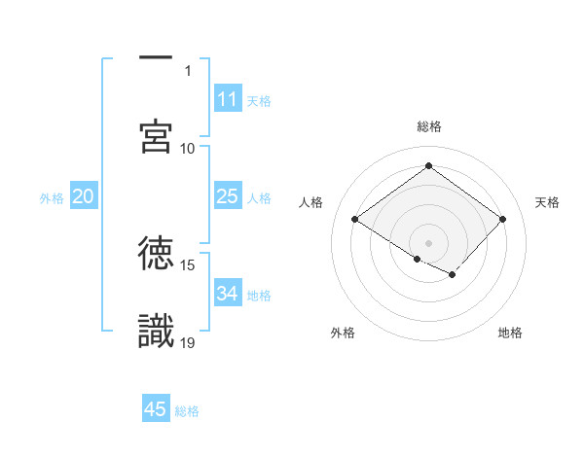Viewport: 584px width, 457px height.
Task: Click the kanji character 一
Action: coord(156,58)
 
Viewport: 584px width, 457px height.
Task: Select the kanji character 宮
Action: coord(156,136)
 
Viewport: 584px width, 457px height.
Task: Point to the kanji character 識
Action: coord(156,331)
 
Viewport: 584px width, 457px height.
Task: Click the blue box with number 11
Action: coord(228,99)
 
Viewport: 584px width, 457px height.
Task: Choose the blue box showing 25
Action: coord(228,196)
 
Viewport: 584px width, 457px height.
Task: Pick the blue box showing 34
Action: coord(228,294)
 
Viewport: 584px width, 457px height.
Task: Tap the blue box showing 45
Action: coord(156,409)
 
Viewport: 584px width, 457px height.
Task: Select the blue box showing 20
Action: coord(84,196)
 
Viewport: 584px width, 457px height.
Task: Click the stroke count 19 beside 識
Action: coord(189,342)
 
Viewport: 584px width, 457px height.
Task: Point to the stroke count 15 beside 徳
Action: coord(189,264)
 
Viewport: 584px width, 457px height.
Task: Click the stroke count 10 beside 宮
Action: coord(189,148)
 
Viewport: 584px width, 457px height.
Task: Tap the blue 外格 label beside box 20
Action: coord(52,198)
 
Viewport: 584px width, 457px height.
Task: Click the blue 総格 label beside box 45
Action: coord(187,411)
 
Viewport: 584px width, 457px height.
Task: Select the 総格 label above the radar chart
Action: coord(428,126)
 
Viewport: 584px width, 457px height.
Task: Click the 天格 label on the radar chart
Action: coord(547,202)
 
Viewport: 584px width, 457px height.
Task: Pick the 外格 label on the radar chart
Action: coord(343,333)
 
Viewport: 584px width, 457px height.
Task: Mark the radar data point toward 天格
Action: coord(502,220)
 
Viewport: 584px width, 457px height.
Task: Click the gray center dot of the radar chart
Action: coord(428,242)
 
